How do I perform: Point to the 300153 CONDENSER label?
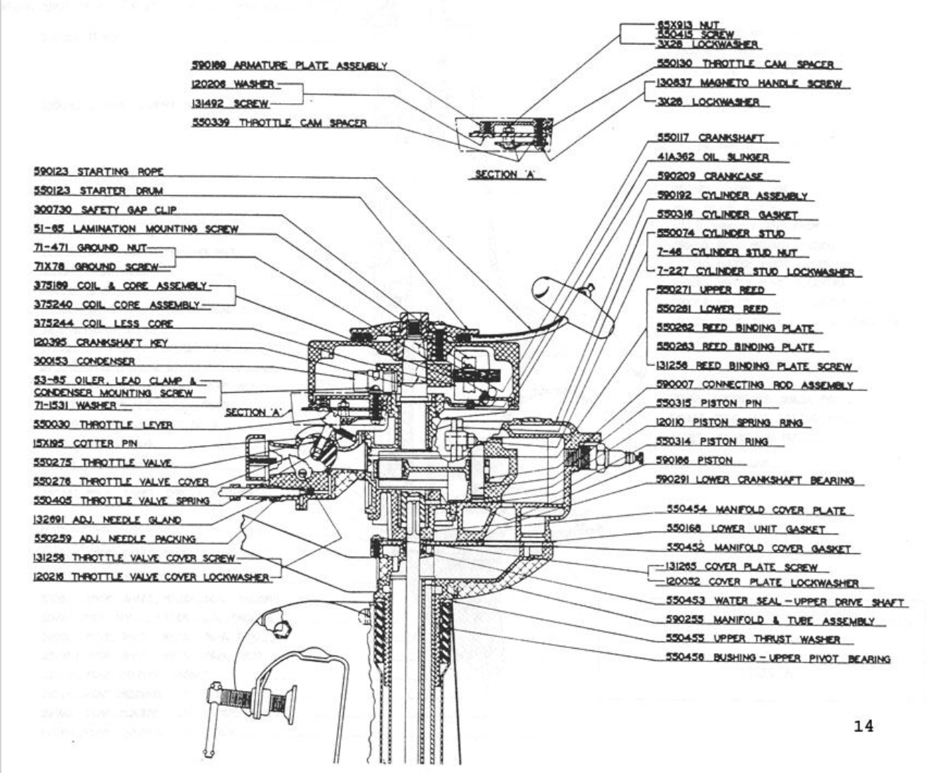tap(84, 361)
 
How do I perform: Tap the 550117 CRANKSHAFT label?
tap(710, 138)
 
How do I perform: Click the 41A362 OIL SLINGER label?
tap(712, 157)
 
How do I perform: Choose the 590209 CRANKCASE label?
tap(709, 176)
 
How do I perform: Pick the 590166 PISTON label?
tap(694, 461)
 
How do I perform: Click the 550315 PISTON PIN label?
tap(708, 403)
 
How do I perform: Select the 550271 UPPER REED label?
tap(710, 290)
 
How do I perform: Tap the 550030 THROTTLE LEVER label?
tap(103, 425)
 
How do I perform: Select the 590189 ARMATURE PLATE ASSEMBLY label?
tap(289, 66)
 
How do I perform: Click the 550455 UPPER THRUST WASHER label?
tap(752, 639)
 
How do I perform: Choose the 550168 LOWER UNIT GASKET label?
tap(746, 529)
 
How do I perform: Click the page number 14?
tap(864, 727)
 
